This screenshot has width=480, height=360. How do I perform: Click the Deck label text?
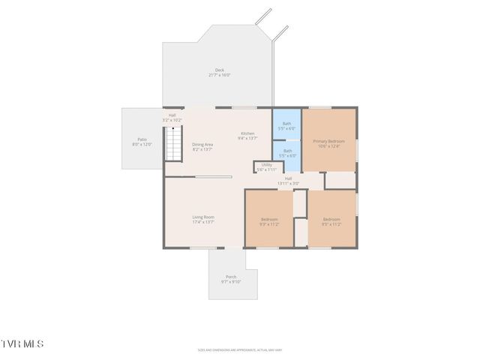coord(219,70)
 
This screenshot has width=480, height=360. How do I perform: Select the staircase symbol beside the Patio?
coord(174,143)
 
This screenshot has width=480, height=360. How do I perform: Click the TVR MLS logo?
coord(22,343)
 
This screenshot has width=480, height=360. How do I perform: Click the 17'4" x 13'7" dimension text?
coord(203,222)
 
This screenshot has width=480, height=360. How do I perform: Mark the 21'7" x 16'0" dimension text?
coord(219,75)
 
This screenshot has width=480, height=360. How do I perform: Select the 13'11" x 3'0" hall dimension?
coord(288,183)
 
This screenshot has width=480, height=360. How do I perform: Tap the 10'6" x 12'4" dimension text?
coord(329,146)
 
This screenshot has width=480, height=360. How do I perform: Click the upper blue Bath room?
coord(286,126)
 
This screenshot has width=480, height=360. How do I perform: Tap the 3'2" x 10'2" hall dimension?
coord(172,120)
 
